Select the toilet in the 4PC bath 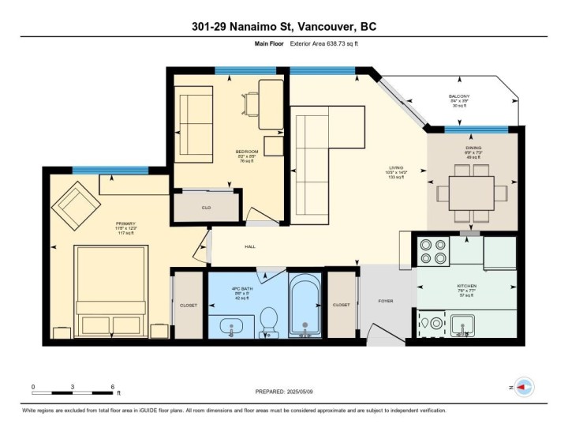(x=267, y=321)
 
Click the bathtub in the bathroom (x=305, y=306)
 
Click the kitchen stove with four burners (x=432, y=250)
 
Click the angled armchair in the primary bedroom (x=77, y=204)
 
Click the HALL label (x=250, y=247)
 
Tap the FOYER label (x=385, y=301)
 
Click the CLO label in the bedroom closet (x=206, y=208)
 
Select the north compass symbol (x=523, y=387)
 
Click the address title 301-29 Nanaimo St (x=283, y=27)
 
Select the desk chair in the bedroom (x=252, y=103)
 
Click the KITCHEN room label (x=467, y=286)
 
